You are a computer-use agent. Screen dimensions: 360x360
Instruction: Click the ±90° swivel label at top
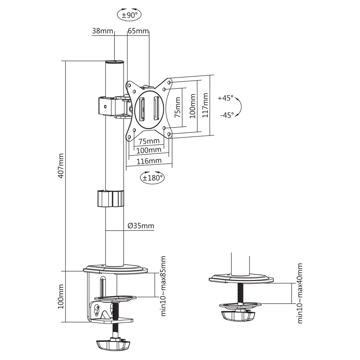129,15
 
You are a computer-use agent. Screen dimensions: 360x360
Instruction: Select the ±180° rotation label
152,177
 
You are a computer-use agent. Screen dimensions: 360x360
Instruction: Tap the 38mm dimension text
102,31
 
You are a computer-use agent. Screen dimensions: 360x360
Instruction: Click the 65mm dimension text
138,31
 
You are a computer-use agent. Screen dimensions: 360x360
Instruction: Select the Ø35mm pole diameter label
141,226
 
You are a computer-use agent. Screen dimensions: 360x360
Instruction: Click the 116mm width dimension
149,161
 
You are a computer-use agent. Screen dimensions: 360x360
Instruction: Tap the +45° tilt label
226,98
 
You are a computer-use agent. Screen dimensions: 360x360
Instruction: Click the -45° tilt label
227,115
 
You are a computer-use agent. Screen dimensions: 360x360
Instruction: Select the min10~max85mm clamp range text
163,286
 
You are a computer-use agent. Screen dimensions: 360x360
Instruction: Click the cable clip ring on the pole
110,199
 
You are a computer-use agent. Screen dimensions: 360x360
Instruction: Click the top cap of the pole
114,62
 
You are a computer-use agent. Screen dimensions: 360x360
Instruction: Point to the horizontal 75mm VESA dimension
149,141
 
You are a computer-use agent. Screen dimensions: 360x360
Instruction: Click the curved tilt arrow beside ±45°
240,107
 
